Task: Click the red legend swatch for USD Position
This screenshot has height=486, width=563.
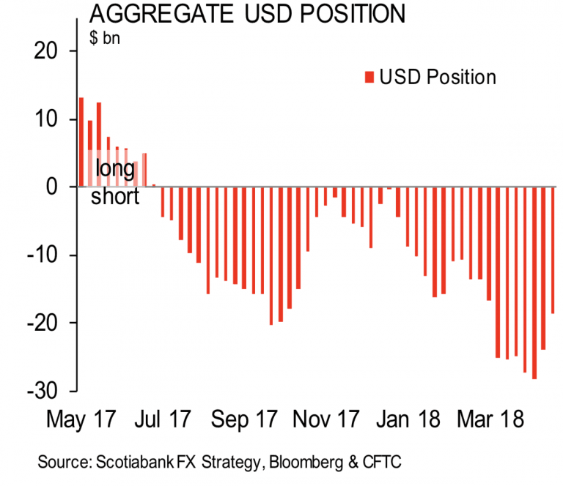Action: click(369, 77)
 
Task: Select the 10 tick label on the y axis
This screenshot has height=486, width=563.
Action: click(45, 119)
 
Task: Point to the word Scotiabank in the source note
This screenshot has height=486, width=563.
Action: click(128, 462)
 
